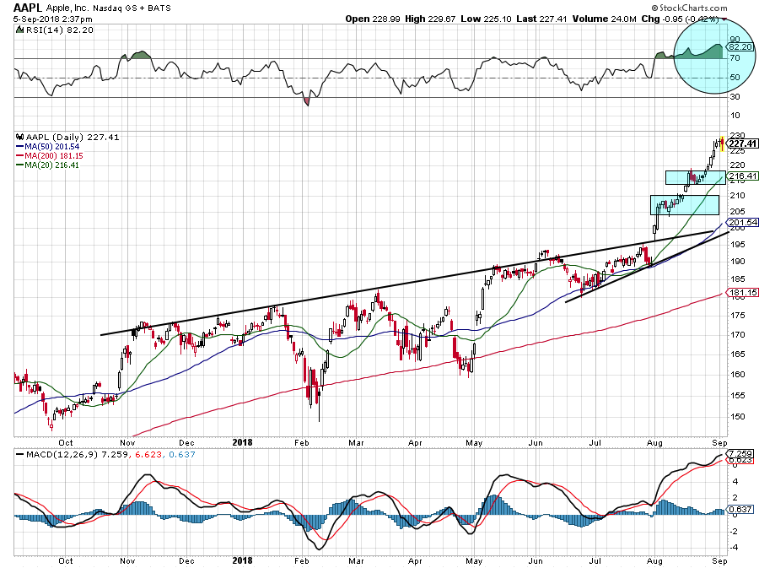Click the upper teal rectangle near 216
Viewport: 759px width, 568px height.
(694, 177)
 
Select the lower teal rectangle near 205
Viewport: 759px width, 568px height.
(683, 204)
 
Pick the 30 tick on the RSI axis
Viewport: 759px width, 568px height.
(735, 96)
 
